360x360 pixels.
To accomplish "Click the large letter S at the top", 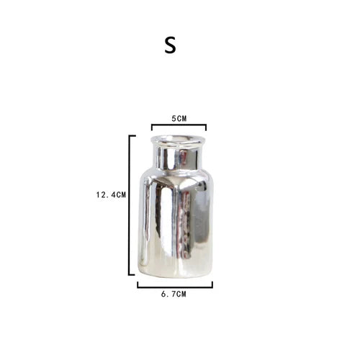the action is pyautogui.click(x=170, y=45).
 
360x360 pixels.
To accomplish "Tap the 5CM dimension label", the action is pyautogui.click(x=179, y=119).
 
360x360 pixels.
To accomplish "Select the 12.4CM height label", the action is pyautogui.click(x=111, y=194).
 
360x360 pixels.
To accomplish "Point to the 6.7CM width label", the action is pyautogui.click(x=174, y=294).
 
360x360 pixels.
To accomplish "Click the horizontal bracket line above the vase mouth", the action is pyautogui.click(x=179, y=125).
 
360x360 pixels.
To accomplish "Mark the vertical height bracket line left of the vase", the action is pyautogui.click(x=130, y=205).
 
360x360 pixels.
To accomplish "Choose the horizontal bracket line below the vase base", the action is pyautogui.click(x=175, y=287).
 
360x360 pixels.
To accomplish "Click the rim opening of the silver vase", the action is pyautogui.click(x=178, y=140).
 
